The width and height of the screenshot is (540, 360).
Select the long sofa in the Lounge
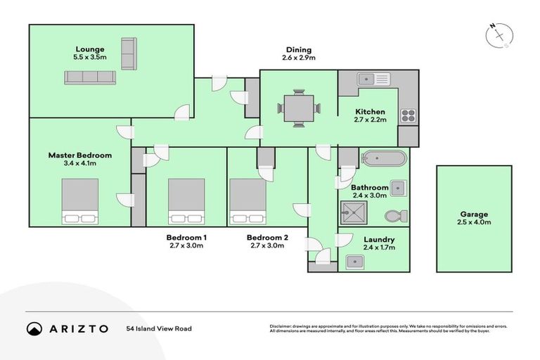click(90, 77)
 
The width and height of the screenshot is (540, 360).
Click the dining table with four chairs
click(299, 108)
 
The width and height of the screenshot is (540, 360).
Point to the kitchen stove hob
click(408, 115)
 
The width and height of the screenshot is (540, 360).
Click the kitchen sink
click(368, 79)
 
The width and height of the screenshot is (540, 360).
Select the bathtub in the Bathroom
click(382, 157)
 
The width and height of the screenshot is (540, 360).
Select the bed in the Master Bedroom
click(79, 200)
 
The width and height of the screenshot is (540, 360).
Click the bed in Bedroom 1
click(186, 200)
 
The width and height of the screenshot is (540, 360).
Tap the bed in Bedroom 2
click(247, 200)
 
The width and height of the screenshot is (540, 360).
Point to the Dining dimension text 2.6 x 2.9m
click(299, 58)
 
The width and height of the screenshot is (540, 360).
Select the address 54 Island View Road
click(159, 328)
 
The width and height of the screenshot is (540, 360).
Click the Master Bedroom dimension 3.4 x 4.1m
click(79, 163)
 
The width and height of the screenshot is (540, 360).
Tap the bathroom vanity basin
click(397, 188)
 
